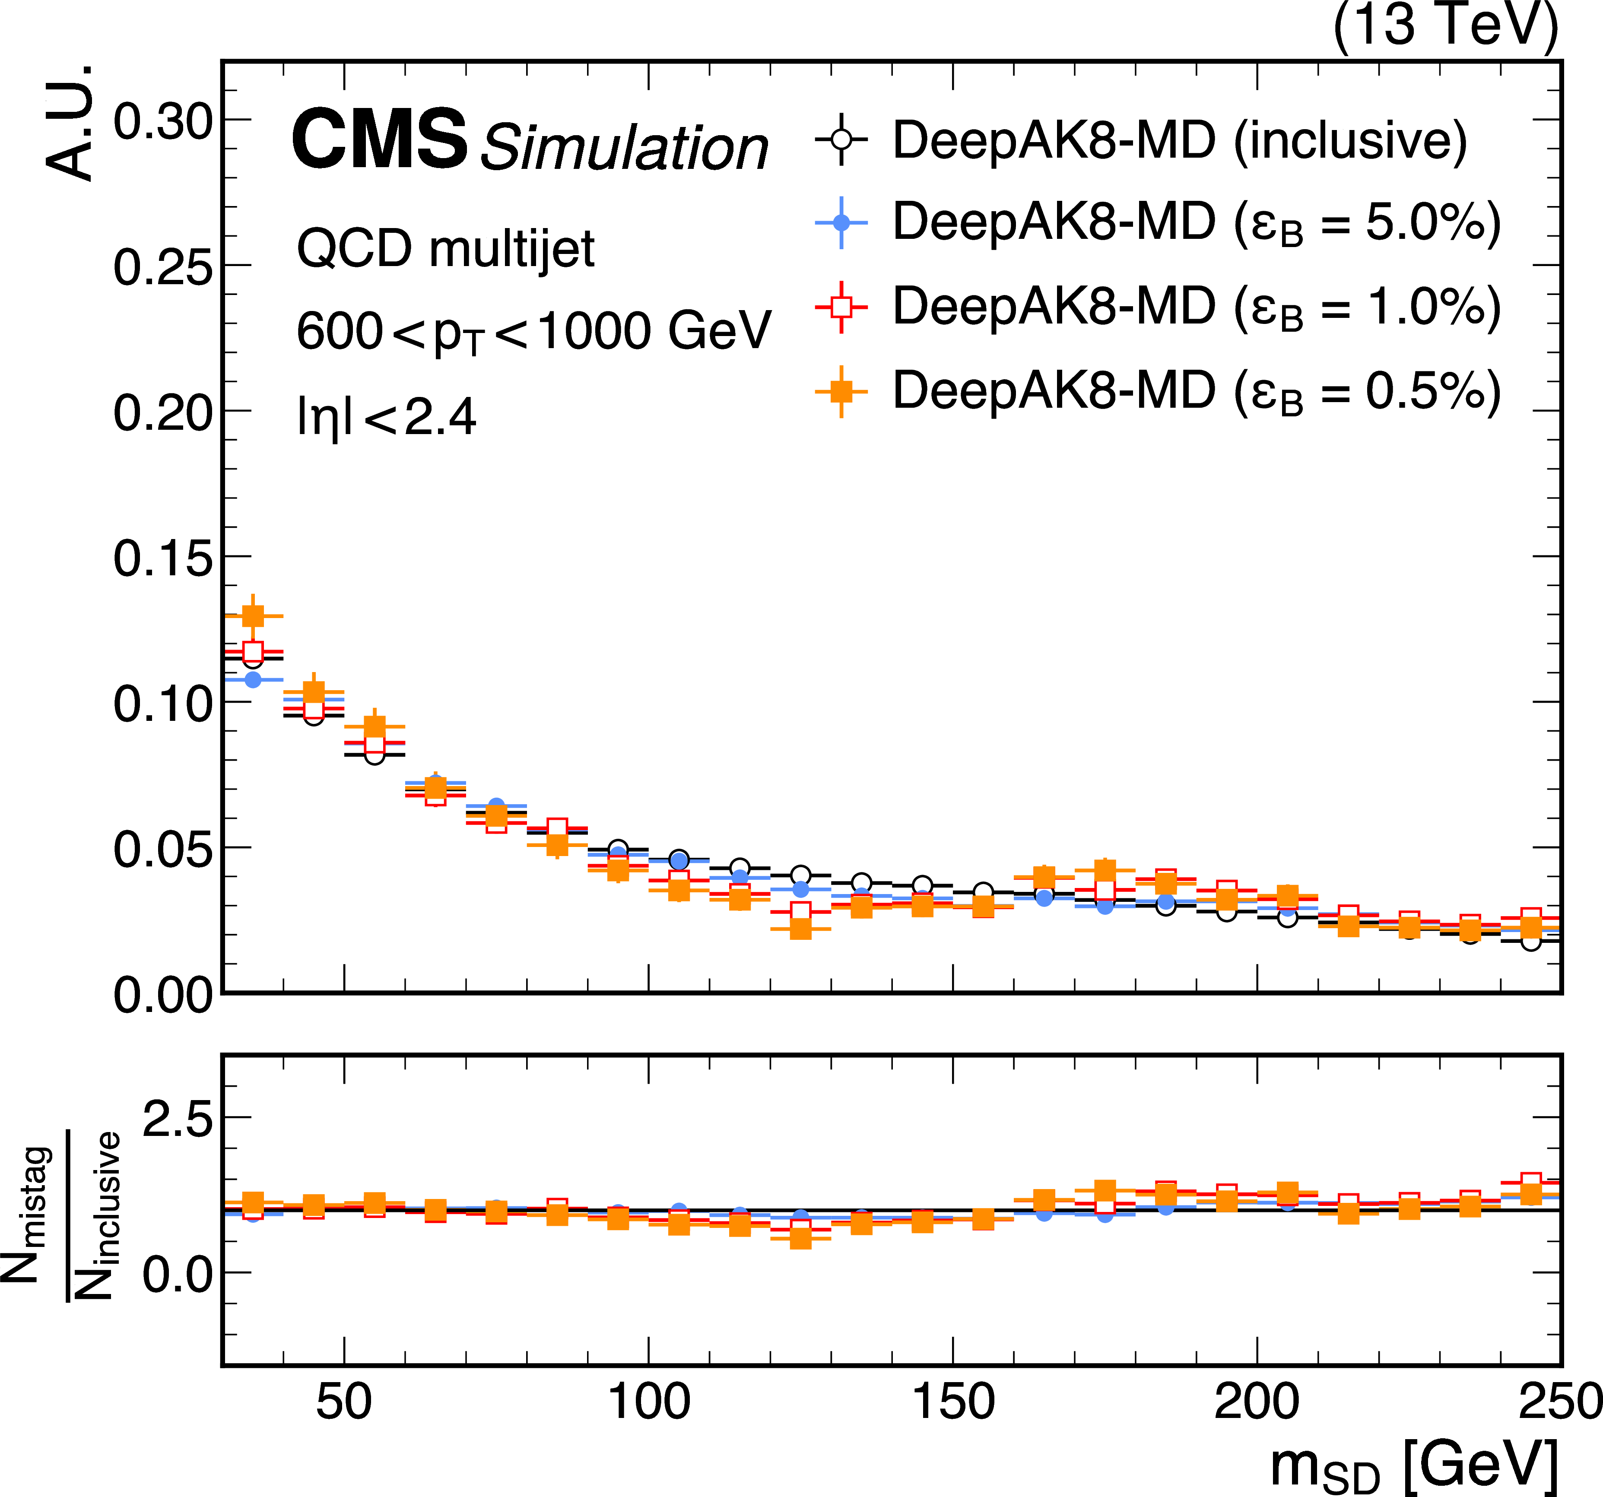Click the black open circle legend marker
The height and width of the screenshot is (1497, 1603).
click(841, 140)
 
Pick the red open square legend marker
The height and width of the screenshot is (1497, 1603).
click(841, 306)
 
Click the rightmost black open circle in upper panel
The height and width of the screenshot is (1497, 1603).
click(1530, 941)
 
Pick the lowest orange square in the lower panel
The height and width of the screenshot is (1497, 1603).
click(801, 1237)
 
